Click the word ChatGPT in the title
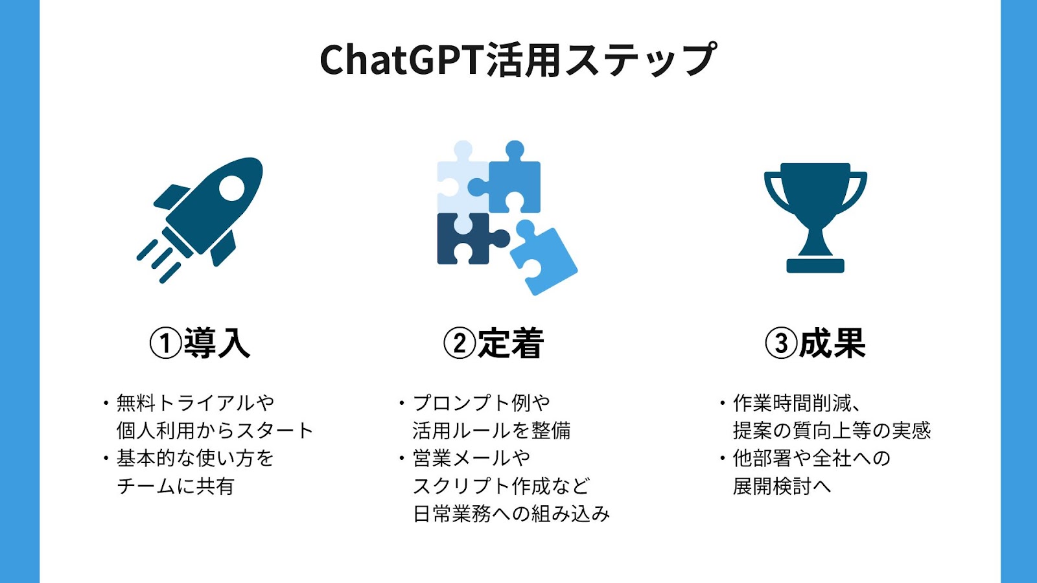401,60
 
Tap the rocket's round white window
231,189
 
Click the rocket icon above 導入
200,220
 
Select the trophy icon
815,218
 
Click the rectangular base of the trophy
815,266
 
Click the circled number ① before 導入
165,343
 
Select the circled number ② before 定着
460,343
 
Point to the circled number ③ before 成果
781,343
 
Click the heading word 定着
511,343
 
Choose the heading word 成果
832,343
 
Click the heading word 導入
217,343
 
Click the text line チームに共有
176,486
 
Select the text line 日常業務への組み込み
511,514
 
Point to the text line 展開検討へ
782,486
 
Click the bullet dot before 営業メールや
402,459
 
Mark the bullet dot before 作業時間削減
722,403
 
